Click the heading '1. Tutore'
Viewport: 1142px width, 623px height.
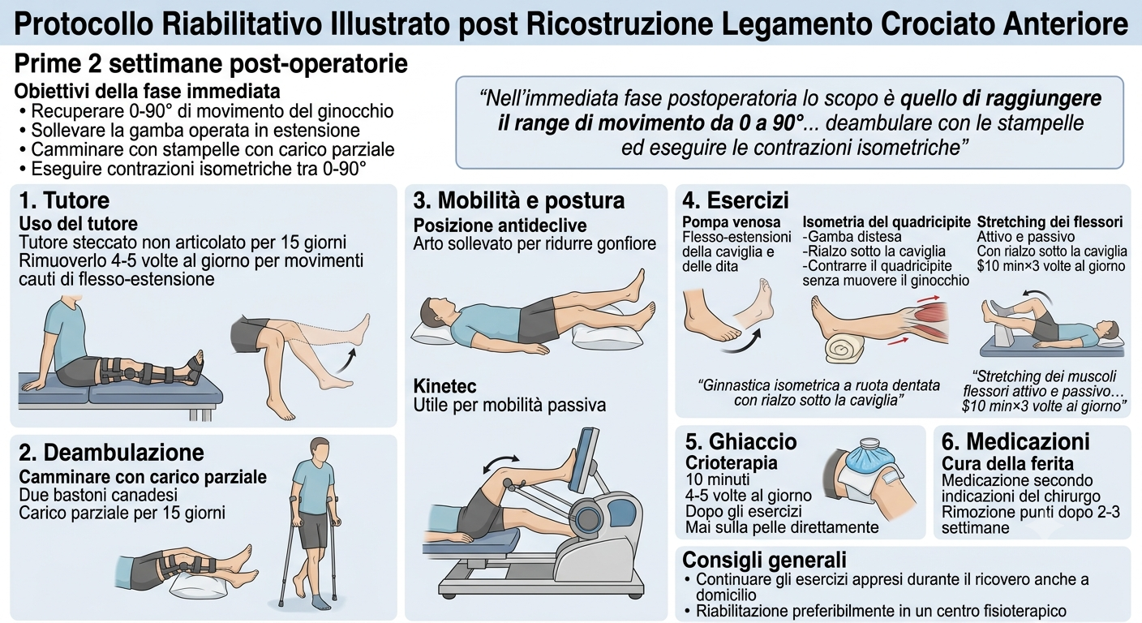click(x=64, y=200)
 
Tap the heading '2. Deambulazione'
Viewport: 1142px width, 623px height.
click(x=111, y=452)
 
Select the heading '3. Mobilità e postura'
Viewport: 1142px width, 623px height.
click(x=518, y=200)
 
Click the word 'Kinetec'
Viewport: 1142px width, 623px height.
click(x=444, y=386)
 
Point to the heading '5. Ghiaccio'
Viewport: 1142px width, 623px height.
click(x=741, y=441)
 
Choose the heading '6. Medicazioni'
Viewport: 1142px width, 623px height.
click(x=1015, y=441)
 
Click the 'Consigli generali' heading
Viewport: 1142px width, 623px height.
click(x=764, y=560)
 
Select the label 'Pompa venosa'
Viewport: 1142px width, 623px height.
click(x=731, y=222)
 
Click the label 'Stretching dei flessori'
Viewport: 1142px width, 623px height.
click(x=1050, y=222)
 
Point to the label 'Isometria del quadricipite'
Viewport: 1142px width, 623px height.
click(x=887, y=222)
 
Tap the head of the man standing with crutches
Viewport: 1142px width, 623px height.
click(x=319, y=449)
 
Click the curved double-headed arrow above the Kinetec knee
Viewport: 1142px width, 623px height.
click(x=502, y=465)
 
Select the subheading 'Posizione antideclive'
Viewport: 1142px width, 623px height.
click(x=500, y=226)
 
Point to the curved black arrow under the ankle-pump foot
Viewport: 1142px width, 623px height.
click(x=742, y=342)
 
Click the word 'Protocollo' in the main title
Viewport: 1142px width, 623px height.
click(x=83, y=24)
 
